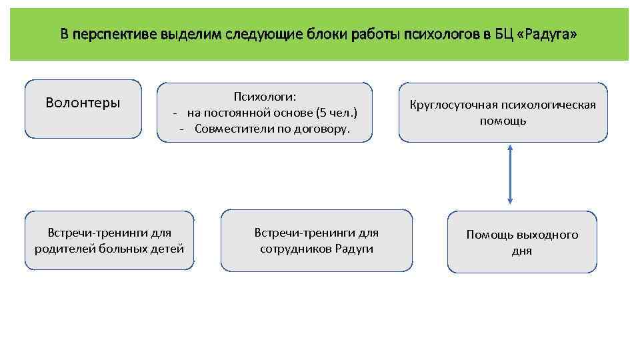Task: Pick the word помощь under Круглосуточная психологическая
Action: point(503,121)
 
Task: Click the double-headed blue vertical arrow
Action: point(510,175)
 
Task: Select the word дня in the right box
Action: point(522,251)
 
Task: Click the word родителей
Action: point(65,249)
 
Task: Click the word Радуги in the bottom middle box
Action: point(355,249)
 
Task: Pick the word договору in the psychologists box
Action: point(324,128)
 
